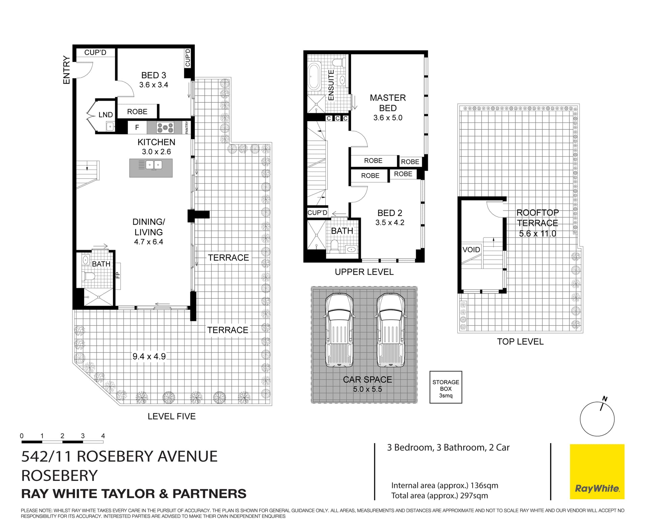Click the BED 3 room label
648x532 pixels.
click(x=154, y=75)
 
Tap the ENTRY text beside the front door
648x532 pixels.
click(x=66, y=70)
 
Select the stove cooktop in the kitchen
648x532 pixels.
click(x=165, y=128)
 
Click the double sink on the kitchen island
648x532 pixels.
click(x=154, y=165)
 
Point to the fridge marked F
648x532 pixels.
click(x=137, y=128)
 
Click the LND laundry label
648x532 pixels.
click(x=105, y=115)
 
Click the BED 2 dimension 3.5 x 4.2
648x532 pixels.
click(x=390, y=223)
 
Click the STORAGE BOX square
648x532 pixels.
click(x=446, y=387)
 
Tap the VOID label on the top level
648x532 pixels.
click(x=471, y=250)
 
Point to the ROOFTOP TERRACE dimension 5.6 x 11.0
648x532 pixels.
click(x=537, y=234)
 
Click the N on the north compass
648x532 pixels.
click(x=605, y=399)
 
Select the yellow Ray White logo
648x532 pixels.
click(x=597, y=472)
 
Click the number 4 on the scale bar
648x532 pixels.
click(x=103, y=436)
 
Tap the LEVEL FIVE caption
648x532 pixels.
click(x=171, y=416)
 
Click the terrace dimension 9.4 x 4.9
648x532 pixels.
click(x=149, y=356)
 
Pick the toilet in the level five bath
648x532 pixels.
click(x=89, y=276)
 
